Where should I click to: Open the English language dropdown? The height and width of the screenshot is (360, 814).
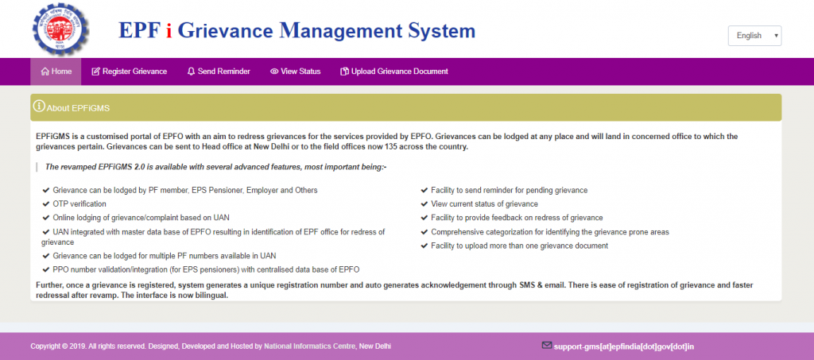click(x=754, y=36)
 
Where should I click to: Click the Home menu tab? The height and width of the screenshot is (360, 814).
click(x=56, y=72)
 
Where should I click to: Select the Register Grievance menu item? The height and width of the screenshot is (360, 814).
click(x=129, y=72)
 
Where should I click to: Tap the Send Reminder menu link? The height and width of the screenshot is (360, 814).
click(x=219, y=72)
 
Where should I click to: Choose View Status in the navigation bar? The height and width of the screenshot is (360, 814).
click(x=295, y=72)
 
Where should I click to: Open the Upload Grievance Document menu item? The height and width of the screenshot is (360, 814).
click(x=393, y=72)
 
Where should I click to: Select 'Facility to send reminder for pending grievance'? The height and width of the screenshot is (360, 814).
click(x=509, y=190)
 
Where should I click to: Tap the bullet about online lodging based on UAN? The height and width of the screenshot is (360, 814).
click(x=141, y=217)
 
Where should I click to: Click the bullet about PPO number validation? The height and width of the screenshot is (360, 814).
click(x=206, y=269)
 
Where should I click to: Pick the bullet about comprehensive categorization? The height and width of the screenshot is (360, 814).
click(x=549, y=231)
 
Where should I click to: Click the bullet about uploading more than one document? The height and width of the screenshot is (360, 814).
click(x=519, y=246)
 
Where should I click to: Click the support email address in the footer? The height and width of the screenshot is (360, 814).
click(x=624, y=346)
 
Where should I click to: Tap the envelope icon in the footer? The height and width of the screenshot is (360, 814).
click(x=546, y=346)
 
